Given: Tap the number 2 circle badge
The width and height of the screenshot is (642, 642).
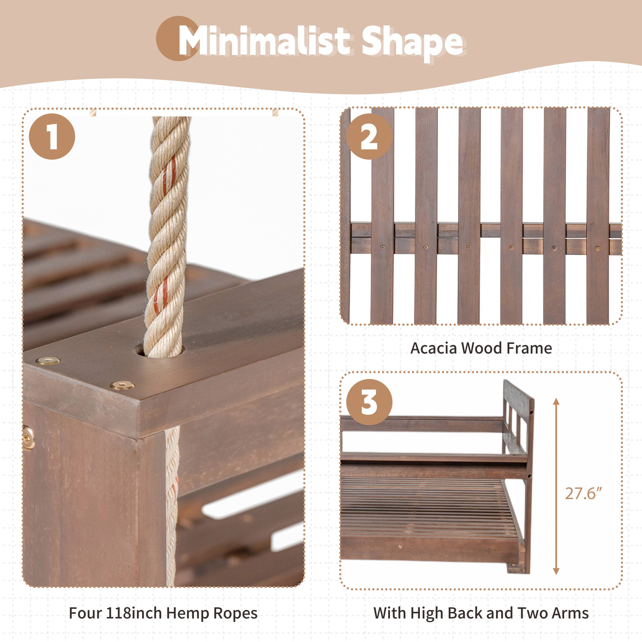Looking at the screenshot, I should (369, 137).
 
